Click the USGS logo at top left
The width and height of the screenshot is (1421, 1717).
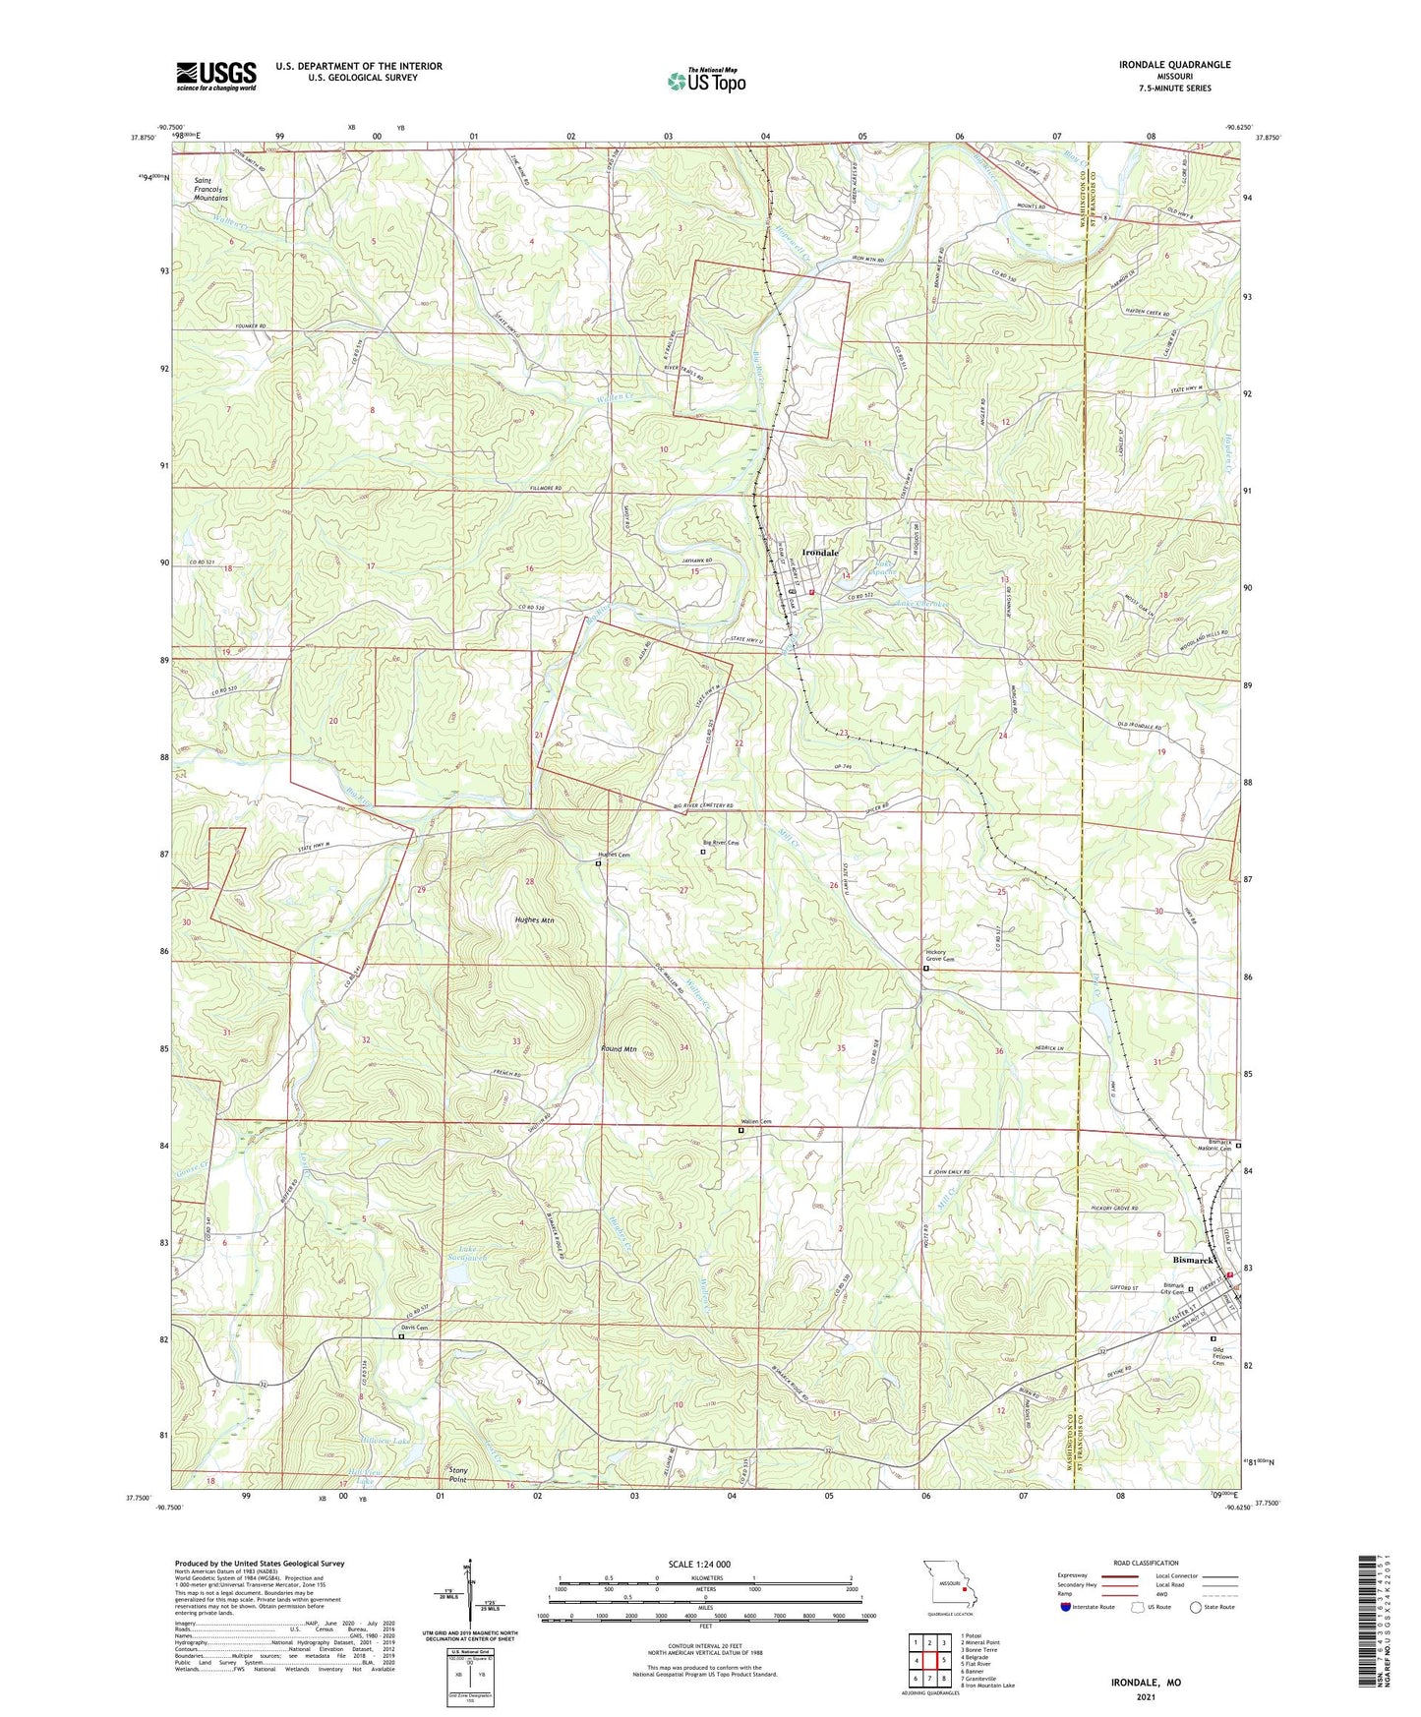pos(216,75)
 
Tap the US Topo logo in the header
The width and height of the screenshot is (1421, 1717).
pos(706,80)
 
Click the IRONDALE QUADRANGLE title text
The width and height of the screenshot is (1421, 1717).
pos(1174,65)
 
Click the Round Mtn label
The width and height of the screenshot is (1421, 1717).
pos(620,1049)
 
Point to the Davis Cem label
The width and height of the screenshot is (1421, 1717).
pos(414,1328)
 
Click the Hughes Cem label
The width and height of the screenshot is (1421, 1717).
pos(614,855)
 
